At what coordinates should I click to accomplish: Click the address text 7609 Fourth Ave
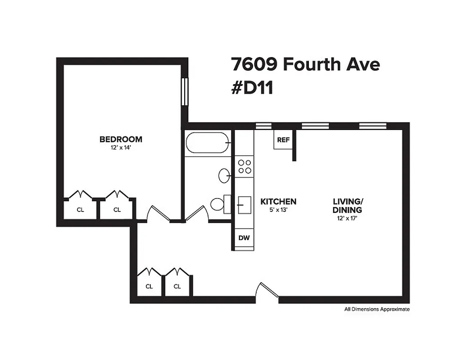[306, 64]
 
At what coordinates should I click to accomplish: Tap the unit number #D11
[252, 88]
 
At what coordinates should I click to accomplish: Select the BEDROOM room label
[121, 139]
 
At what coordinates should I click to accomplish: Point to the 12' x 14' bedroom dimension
[121, 147]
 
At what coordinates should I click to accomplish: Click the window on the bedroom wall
[185, 92]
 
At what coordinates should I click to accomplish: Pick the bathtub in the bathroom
[208, 143]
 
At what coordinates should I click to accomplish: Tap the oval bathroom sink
[224, 175]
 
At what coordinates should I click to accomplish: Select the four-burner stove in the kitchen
[244, 166]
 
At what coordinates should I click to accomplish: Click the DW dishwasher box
[244, 238]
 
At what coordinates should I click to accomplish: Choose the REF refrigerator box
[283, 140]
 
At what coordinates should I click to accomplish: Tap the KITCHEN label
[278, 202]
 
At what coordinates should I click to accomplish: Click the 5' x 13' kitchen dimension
[278, 210]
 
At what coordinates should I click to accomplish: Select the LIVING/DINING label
[347, 206]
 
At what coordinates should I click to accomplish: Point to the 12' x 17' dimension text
[347, 218]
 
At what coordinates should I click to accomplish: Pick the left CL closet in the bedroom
[80, 210]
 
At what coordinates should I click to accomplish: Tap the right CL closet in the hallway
[177, 286]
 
